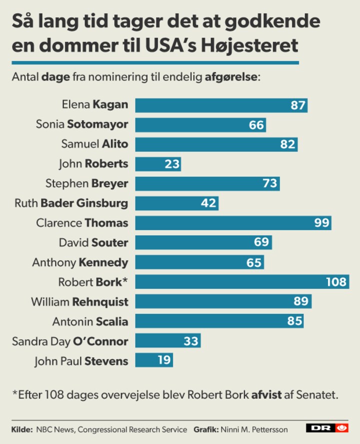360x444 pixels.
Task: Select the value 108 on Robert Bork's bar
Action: (336, 282)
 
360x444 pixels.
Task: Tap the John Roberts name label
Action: (93, 164)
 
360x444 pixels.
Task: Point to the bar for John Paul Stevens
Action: (154, 360)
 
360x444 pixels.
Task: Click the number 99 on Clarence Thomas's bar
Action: (322, 223)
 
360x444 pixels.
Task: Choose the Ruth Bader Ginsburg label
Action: (71, 203)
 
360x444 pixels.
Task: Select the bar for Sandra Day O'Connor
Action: (167, 341)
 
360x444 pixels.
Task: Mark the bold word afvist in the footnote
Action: (264, 394)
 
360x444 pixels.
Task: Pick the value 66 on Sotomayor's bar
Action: (256, 125)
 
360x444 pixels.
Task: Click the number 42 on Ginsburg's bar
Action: (208, 203)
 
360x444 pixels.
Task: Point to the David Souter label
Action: (93, 243)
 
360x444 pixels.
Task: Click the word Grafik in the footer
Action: (205, 429)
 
